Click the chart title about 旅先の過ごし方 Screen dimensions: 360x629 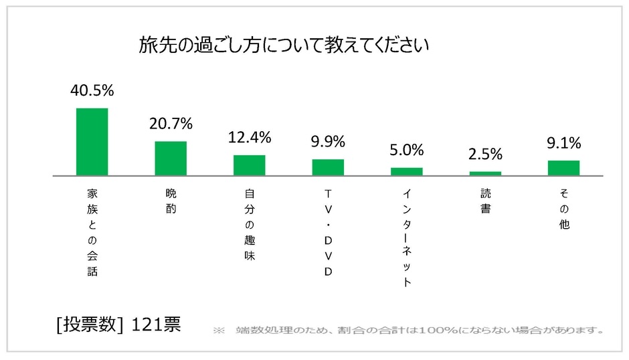point(284,46)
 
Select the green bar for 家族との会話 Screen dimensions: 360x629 point(92,141)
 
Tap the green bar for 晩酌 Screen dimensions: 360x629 point(171,158)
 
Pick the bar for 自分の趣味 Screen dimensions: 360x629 point(249,165)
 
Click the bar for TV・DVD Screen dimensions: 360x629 point(328,167)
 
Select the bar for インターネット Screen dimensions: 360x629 point(407,171)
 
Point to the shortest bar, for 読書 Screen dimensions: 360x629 point(485,173)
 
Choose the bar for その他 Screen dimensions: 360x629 point(563,167)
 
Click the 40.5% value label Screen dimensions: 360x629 point(92,91)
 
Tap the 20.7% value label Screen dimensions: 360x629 point(171,124)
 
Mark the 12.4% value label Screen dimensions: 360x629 point(249,138)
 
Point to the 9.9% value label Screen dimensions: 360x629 point(328,142)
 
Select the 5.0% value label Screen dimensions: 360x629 point(407,150)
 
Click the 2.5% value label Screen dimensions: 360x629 point(485,155)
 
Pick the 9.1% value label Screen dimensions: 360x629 point(563,143)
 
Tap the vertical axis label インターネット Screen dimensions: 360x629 point(407,238)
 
